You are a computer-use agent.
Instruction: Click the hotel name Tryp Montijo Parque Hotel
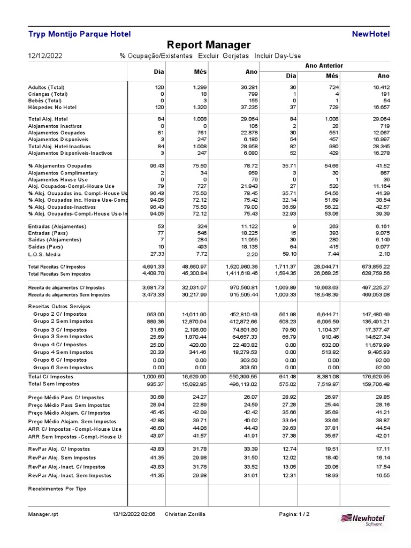(x=79, y=34)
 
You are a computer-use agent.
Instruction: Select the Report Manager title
(x=209, y=45)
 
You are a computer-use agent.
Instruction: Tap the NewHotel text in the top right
(x=371, y=34)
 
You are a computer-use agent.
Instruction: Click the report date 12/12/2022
(x=45, y=56)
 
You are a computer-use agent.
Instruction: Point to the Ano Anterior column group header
(x=324, y=65)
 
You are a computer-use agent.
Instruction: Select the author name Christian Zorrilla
(x=185, y=514)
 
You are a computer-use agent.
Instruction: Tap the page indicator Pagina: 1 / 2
(x=294, y=514)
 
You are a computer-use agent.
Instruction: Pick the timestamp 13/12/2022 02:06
(x=134, y=514)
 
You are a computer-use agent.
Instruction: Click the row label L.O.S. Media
(x=45, y=254)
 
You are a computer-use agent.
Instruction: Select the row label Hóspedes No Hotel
(x=52, y=107)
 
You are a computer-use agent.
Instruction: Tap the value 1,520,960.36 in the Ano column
(x=239, y=266)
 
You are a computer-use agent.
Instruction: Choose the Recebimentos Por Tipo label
(x=57, y=489)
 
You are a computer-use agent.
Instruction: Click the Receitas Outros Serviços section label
(x=59, y=306)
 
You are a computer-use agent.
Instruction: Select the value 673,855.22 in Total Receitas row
(x=371, y=266)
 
